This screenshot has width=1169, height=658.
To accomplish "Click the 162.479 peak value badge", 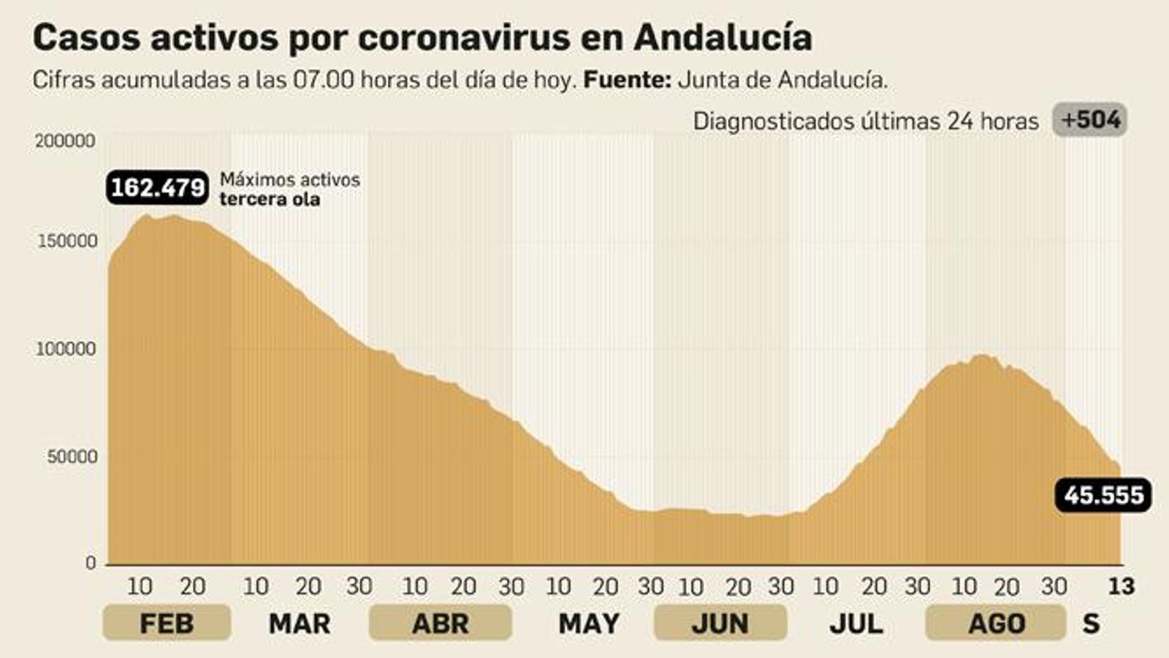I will tap(158, 188).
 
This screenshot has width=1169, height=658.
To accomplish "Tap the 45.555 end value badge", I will tap(1103, 496).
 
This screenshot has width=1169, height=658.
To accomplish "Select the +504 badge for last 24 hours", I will tap(1090, 120).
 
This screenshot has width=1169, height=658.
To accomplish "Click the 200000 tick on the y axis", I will tap(66, 140).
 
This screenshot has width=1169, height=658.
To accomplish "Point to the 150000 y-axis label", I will tap(66, 241).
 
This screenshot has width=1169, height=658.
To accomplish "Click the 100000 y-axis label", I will tap(66, 349).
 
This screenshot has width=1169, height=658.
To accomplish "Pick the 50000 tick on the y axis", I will tap(72, 457).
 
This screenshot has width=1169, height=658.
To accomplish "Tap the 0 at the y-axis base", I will tap(91, 562).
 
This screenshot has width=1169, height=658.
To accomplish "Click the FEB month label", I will tap(167, 624).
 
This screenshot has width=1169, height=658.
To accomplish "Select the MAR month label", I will tap(300, 624).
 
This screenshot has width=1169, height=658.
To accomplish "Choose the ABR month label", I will tap(440, 624).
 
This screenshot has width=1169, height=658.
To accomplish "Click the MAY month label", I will tap(589, 624).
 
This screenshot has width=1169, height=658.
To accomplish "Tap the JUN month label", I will tap(720, 624).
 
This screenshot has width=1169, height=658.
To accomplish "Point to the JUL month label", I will tap(856, 624).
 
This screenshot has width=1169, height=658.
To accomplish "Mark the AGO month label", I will tap(997, 624).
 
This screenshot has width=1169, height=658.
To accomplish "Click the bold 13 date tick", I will tap(1122, 586).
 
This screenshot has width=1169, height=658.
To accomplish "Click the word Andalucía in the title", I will tap(723, 38).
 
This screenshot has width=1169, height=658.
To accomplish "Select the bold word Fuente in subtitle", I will tap(627, 80).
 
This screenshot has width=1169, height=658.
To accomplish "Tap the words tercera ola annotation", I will tap(270, 199).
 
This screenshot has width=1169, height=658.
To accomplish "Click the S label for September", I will tap(1091, 624).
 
